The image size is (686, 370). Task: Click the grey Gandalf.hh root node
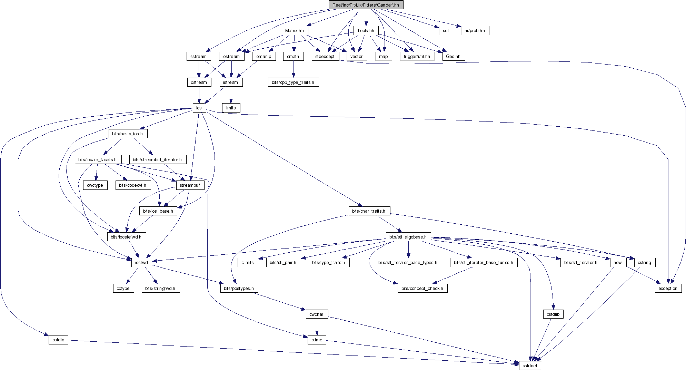click(366, 5)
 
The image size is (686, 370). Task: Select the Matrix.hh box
click(295, 31)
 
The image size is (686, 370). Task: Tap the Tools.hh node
click(366, 31)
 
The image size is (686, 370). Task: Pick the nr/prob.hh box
click(475, 31)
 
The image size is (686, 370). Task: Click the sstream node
click(199, 56)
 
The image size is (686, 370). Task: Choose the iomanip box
click(264, 56)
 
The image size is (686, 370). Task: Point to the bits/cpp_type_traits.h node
click(293, 82)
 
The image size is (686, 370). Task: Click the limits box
click(231, 108)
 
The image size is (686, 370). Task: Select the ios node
click(199, 108)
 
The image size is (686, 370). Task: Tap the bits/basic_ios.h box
click(128, 134)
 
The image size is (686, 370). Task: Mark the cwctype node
click(95, 185)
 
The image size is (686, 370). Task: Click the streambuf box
click(190, 185)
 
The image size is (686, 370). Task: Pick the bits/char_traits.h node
click(369, 211)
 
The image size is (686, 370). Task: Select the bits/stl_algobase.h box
click(408, 237)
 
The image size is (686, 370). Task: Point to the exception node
click(668, 288)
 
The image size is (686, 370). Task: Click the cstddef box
click(530, 366)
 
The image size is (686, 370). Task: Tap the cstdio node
click(58, 340)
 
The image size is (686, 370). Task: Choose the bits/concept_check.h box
click(422, 288)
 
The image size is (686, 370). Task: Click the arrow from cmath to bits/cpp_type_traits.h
click(294, 69)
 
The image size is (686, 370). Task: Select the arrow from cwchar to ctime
click(317, 327)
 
